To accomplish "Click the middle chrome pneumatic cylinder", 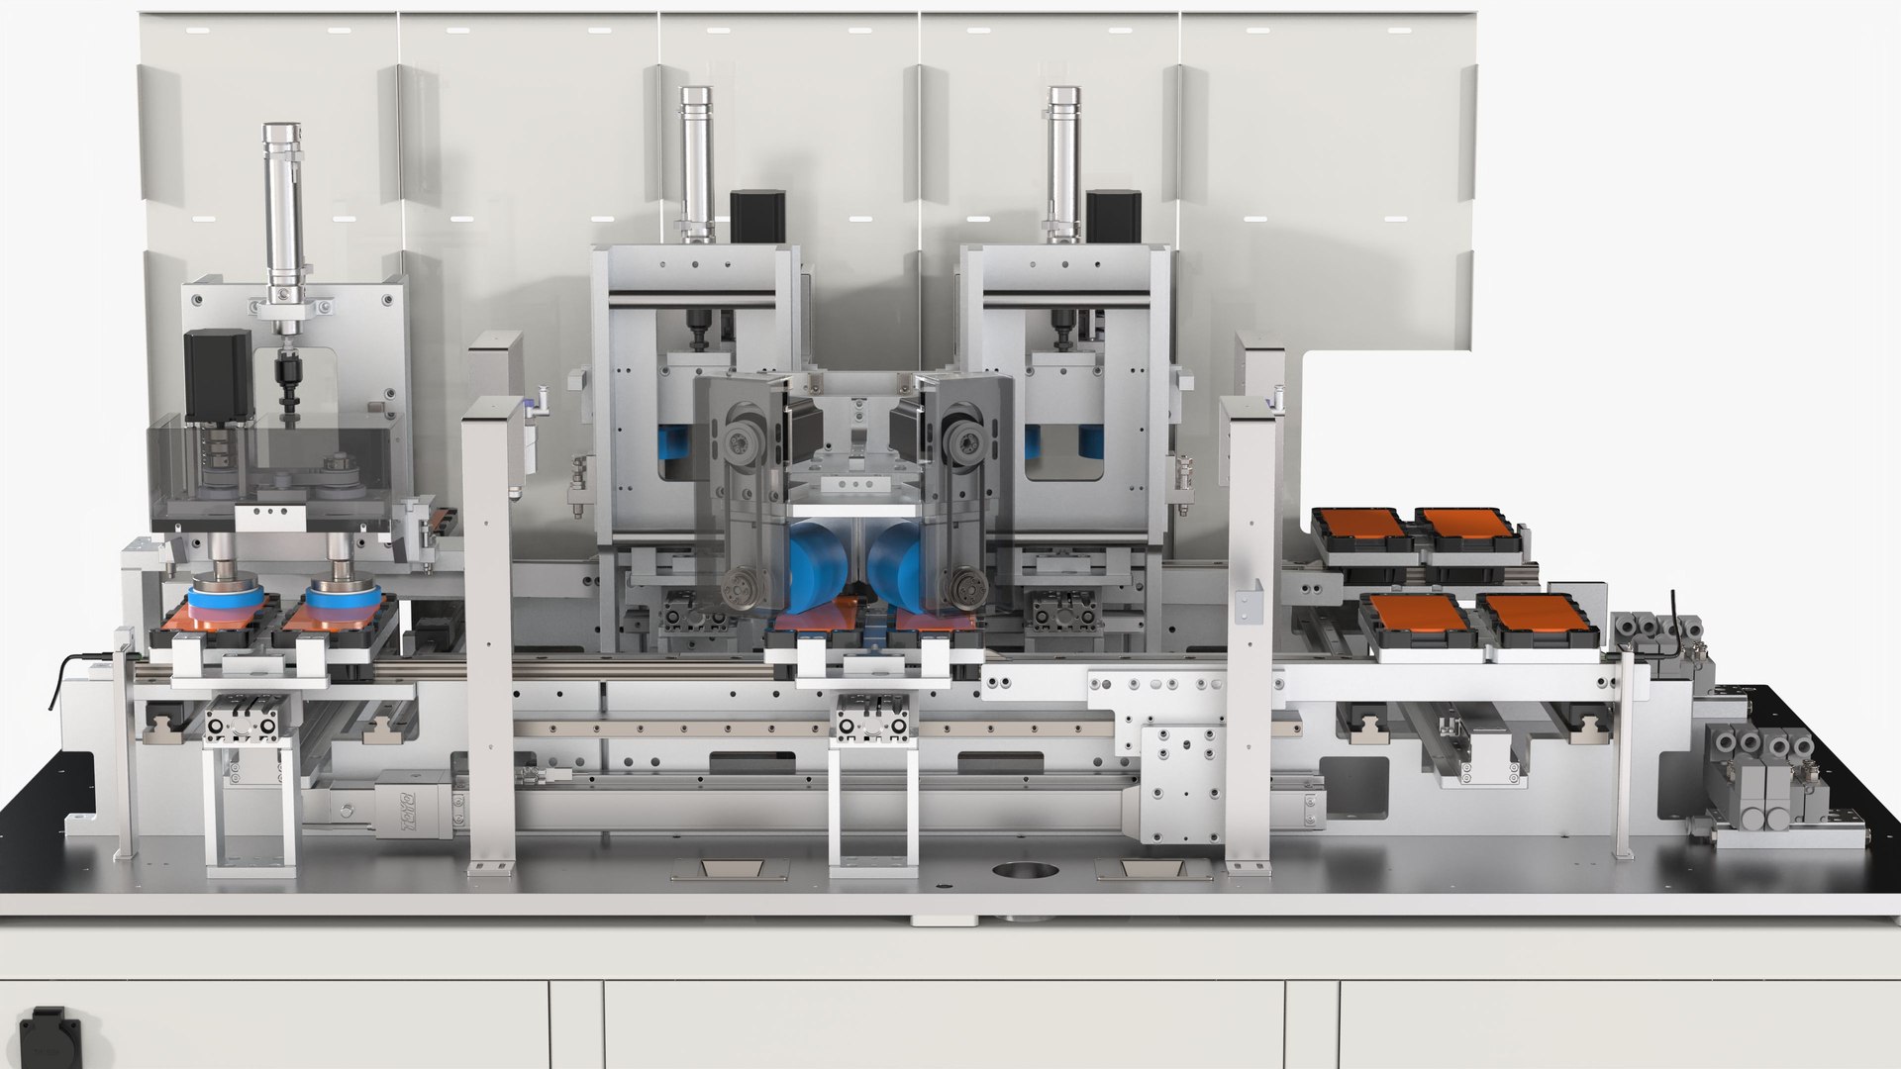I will click(x=696, y=163).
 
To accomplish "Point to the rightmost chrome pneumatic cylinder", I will click(x=1063, y=163).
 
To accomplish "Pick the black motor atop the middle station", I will click(x=757, y=218).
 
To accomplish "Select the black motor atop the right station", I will click(x=1113, y=218).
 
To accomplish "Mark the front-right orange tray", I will click(x=1531, y=615).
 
